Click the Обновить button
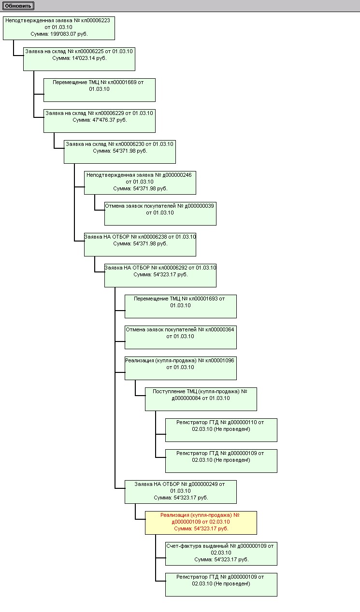(18, 6)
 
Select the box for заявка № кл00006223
(58, 28)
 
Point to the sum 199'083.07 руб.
(59, 35)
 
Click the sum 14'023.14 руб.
(79, 58)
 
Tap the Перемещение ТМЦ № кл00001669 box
(99, 89)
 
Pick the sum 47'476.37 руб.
(100, 120)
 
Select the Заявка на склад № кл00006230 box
(119, 151)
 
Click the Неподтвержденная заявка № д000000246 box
(140, 182)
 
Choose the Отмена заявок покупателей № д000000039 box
(160, 213)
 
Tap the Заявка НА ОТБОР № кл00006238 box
(140, 244)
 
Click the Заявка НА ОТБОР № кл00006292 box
(160, 275)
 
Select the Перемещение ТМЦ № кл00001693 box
(180, 306)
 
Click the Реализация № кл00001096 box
(180, 368)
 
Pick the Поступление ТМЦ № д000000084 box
(201, 399)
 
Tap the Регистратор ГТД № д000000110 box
(221, 429)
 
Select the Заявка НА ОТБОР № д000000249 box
(180, 491)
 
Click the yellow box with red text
(201, 522)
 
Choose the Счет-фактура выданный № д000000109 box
(221, 553)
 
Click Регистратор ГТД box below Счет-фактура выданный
(221, 584)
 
